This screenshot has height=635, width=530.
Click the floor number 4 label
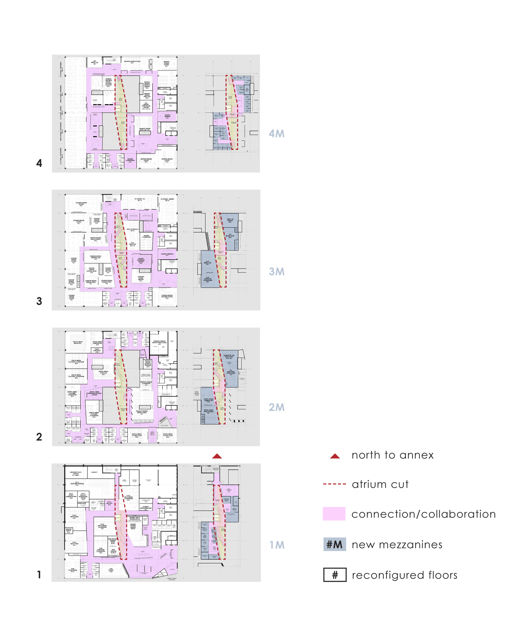[39, 163]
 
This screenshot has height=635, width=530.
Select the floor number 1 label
[39, 575]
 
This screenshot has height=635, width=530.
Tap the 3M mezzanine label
[276, 271]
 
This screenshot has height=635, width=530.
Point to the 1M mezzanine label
[277, 545]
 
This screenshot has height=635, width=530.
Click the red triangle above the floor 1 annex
[217, 456]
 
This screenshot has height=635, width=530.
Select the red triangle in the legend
[335, 456]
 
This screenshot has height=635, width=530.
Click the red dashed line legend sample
[334, 484]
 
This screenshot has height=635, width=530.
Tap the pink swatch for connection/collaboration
[334, 514]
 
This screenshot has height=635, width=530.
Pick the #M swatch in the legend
[334, 544]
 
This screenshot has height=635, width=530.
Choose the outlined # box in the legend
[335, 575]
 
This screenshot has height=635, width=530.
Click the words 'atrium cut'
[380, 484]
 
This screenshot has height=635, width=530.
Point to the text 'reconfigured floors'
[405, 575]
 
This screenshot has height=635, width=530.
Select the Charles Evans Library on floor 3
[141, 279]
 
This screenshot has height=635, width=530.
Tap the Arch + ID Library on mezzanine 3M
[230, 220]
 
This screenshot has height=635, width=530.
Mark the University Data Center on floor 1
[76, 473]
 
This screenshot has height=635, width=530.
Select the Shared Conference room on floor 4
[130, 161]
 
